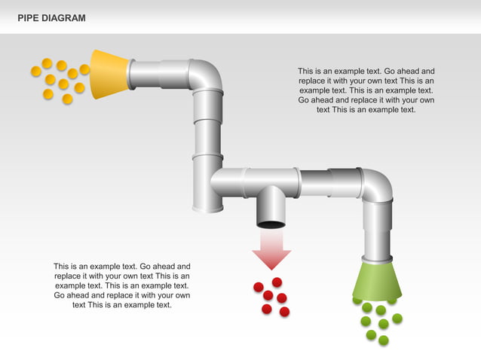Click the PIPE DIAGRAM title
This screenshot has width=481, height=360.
(x=51, y=17)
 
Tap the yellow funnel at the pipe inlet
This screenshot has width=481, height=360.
(x=109, y=75)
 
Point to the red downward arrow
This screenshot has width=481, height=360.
(x=271, y=249)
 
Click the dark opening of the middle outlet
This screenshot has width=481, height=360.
(x=271, y=223)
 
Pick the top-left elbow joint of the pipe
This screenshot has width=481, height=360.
(x=205, y=75)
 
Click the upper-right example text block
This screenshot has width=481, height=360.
(x=366, y=90)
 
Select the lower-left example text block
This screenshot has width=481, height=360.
(x=122, y=285)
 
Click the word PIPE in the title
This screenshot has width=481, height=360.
(x=28, y=17)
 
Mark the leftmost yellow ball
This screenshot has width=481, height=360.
(x=35, y=71)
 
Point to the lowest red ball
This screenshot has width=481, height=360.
(x=284, y=312)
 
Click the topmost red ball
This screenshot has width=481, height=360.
(x=277, y=282)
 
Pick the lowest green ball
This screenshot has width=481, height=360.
(x=383, y=340)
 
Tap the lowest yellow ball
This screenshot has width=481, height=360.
(x=67, y=99)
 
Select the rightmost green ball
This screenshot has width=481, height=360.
(x=397, y=318)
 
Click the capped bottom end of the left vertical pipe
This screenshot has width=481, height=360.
(x=207, y=203)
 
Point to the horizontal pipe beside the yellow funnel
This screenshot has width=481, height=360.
(x=158, y=75)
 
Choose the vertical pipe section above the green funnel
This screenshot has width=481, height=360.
(x=377, y=230)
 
